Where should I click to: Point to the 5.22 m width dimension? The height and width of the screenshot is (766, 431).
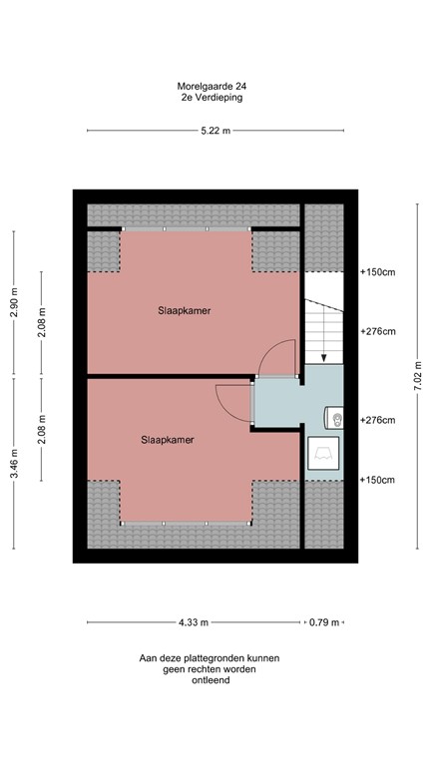[x=215, y=131]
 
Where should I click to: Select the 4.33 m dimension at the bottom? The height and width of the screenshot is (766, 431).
[x=194, y=622]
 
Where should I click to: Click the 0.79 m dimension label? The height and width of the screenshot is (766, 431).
[x=323, y=622]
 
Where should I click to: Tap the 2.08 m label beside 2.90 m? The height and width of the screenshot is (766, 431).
[x=41, y=324]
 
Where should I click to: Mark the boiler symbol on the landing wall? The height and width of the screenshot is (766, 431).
[x=336, y=419]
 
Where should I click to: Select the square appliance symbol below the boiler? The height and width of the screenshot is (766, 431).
[x=323, y=454]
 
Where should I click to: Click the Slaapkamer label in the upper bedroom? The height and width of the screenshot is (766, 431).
[x=184, y=310]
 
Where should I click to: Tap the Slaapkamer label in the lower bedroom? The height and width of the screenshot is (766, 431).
[x=167, y=439]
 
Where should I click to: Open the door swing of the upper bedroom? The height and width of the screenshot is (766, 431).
[x=279, y=358]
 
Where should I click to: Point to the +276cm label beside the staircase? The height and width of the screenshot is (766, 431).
[x=377, y=332]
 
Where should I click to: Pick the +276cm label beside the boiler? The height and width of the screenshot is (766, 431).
[x=377, y=420]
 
